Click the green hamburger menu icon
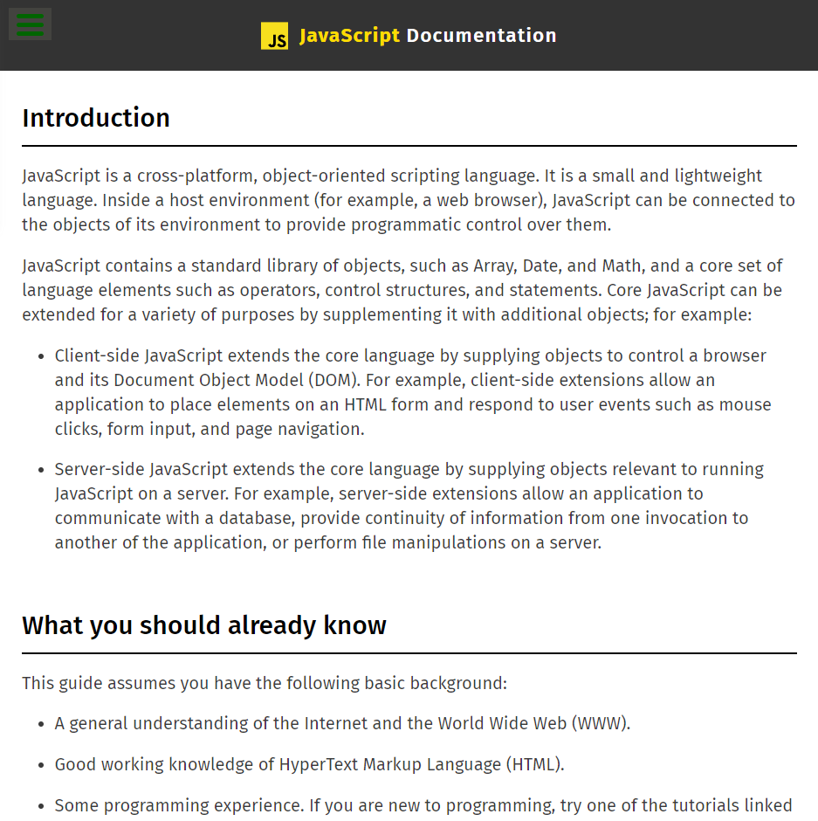point(30,24)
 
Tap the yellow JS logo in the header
point(274,36)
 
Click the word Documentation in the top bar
point(481,36)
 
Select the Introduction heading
point(96,118)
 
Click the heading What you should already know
point(204,625)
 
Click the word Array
point(493,266)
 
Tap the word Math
point(621,266)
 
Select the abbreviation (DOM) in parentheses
point(331,380)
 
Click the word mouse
point(746,404)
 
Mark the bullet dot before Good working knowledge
point(41,765)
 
